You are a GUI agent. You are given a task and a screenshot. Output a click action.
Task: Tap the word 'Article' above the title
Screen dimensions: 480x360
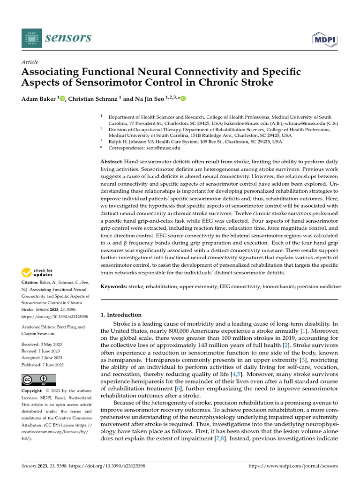(30, 62)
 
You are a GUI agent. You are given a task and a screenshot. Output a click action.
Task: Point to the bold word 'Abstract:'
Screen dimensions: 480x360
(112, 161)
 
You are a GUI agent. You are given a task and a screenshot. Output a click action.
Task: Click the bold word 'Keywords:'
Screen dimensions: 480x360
(113, 286)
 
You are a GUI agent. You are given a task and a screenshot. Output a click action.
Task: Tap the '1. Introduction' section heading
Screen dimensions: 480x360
(121, 315)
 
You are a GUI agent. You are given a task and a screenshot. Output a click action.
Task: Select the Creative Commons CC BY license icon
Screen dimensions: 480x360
(38, 380)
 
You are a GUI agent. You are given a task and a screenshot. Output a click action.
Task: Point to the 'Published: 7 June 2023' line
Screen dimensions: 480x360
(43, 365)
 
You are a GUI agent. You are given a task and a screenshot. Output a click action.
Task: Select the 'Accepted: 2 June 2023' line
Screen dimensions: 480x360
(42, 358)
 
